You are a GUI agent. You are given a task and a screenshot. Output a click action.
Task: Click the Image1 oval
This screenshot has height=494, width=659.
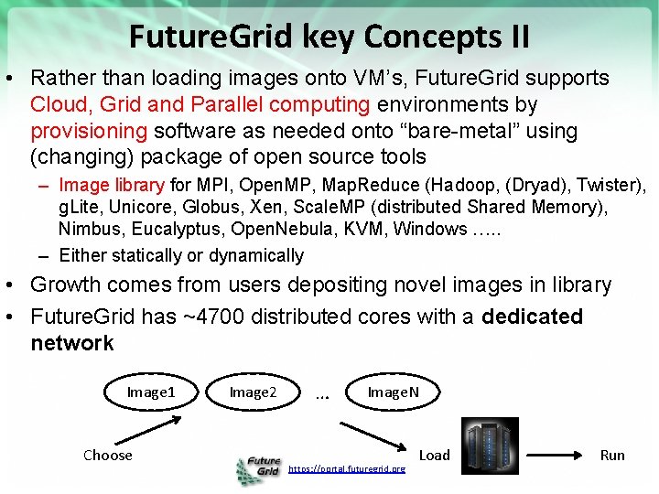[x=150, y=392]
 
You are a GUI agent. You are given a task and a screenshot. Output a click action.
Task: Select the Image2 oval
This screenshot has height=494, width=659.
[x=253, y=392]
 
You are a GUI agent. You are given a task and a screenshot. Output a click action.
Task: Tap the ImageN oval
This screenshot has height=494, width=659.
[x=394, y=392]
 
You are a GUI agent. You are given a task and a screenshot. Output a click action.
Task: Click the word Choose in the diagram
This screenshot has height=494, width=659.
[x=107, y=455]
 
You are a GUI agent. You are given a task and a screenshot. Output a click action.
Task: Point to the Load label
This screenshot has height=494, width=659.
[x=434, y=455]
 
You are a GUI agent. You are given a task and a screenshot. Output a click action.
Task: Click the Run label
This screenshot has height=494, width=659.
[x=612, y=455]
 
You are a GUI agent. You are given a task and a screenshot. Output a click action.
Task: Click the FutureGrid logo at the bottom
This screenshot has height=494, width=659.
[x=258, y=469]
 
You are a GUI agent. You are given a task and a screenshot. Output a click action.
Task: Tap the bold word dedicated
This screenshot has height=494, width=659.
[x=532, y=317]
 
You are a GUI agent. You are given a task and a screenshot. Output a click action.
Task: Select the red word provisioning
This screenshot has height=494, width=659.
[x=88, y=131]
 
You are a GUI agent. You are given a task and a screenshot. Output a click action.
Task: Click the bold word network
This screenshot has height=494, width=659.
[x=72, y=343]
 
